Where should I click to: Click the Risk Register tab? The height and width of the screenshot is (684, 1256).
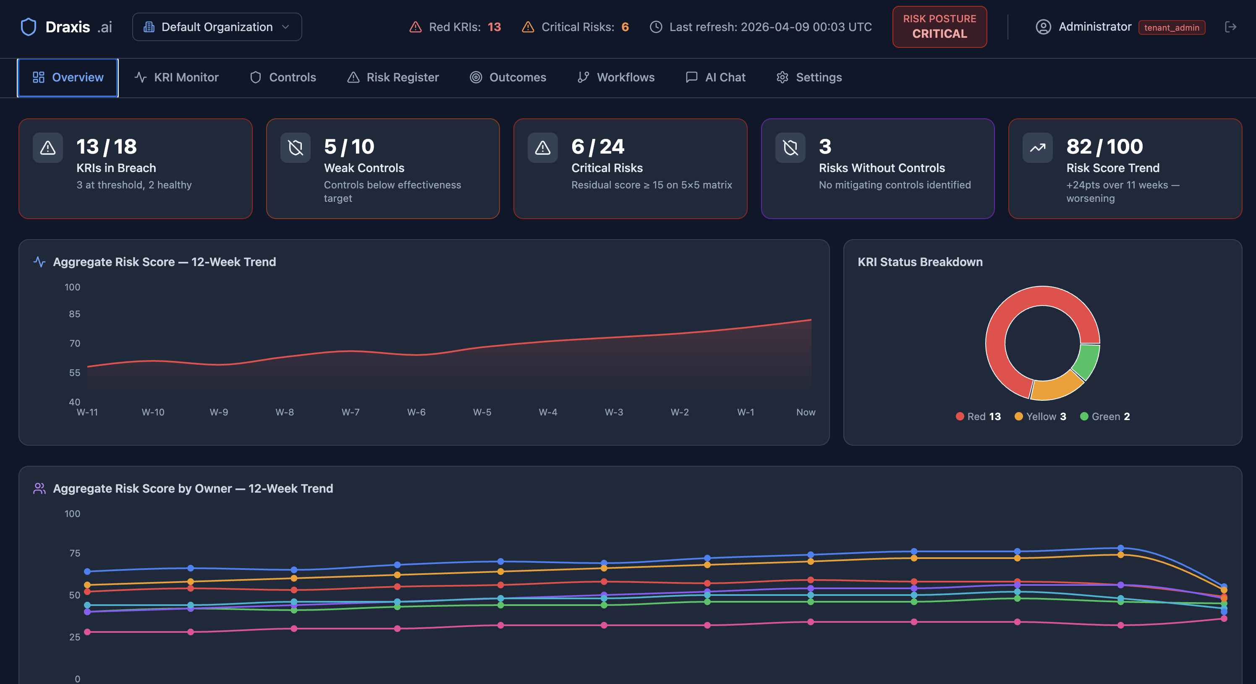coord(393,78)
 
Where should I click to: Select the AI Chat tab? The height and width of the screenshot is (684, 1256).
coord(715,78)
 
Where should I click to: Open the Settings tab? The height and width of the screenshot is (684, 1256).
coord(809,78)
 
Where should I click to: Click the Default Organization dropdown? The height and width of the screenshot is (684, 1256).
coord(217,27)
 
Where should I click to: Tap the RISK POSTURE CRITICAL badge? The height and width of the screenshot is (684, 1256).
coord(939,27)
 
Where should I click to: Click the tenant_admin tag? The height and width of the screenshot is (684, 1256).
coord(1171,27)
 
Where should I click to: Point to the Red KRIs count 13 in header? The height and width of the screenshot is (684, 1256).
coord(494,27)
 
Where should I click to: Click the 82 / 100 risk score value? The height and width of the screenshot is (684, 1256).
coord(1104,146)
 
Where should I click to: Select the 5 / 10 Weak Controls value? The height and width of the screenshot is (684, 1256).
coord(349,146)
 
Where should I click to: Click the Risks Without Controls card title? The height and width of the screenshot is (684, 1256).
coord(882,168)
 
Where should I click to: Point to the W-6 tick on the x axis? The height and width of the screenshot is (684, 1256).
coord(416,412)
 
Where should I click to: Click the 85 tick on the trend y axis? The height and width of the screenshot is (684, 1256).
coord(74,314)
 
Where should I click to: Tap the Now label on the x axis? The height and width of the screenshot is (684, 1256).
coord(806,412)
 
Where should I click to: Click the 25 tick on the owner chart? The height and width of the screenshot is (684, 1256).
coord(74,637)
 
